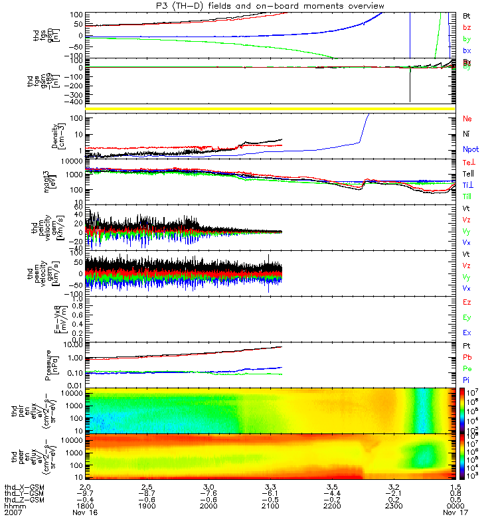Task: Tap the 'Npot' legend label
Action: tap(469, 149)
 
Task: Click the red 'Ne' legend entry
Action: tap(467, 119)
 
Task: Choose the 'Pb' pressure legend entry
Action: tap(467, 358)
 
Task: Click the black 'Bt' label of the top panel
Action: tap(467, 15)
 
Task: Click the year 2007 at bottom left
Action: tap(13, 513)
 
